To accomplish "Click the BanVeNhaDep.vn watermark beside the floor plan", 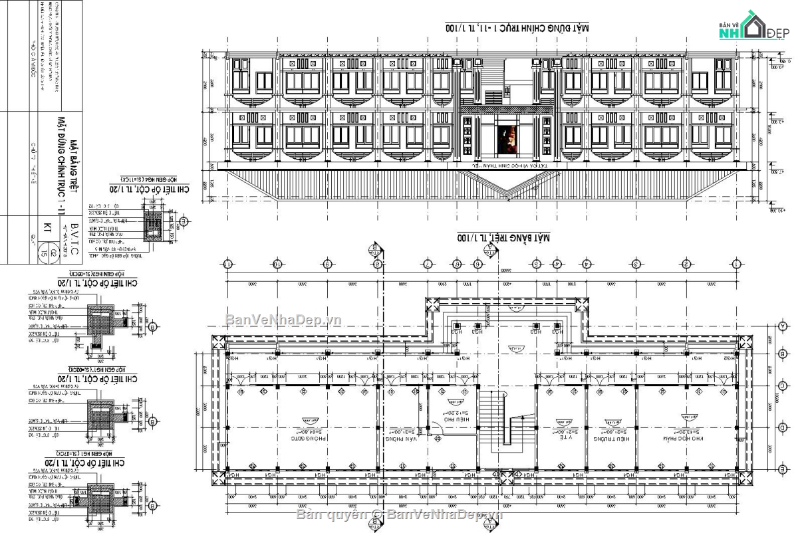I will point(283,320).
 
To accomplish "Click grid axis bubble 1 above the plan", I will point(736,264).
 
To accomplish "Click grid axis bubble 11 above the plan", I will point(228,264).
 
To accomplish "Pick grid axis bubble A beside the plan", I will point(782,326).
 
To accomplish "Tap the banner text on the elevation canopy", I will point(509,166).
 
